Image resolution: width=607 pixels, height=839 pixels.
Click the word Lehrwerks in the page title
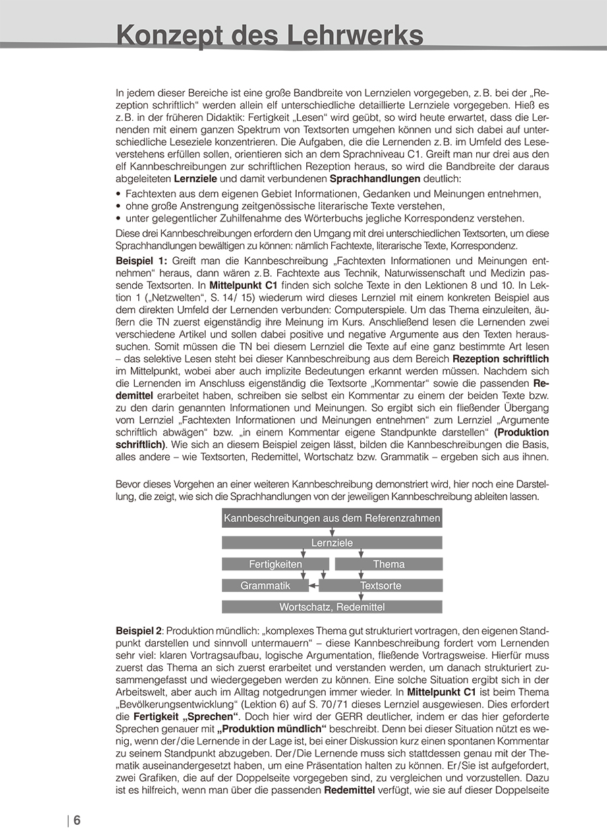355,35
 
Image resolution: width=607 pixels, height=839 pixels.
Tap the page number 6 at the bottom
77,821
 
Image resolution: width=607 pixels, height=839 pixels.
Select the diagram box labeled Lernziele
332,543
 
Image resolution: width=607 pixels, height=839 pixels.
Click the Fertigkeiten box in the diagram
275,564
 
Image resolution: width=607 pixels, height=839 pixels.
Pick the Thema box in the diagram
388,564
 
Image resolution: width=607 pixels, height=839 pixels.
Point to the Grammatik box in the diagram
265,585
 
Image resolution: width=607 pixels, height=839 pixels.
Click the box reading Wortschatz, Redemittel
332,607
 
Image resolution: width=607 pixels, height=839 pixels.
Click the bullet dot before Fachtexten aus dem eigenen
119,194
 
